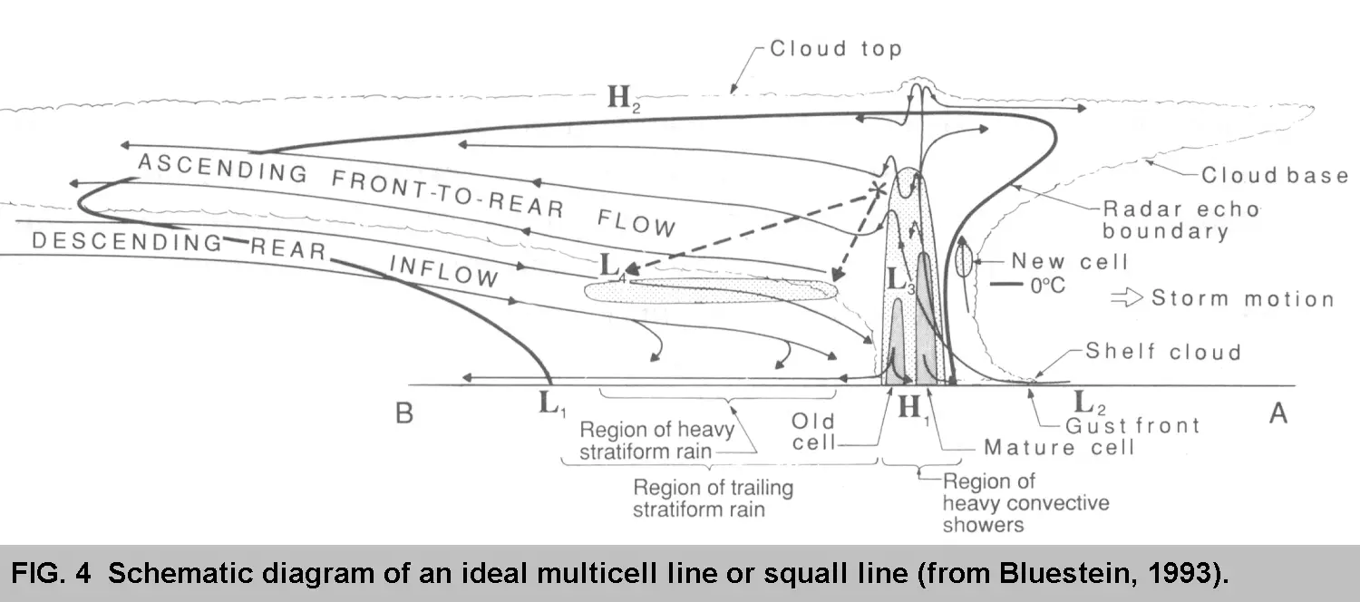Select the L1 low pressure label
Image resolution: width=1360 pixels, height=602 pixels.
click(x=552, y=404)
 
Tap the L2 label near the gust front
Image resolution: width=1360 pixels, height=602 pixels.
click(x=1090, y=403)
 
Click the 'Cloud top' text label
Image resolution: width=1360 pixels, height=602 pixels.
click(x=835, y=49)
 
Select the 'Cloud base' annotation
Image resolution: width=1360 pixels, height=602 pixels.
click(x=1275, y=175)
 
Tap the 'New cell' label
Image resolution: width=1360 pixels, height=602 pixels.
click(x=1069, y=261)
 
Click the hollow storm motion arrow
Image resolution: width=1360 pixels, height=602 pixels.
click(x=1127, y=298)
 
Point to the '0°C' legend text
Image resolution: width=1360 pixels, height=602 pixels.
click(x=1048, y=286)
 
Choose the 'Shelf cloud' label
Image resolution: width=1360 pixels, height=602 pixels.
click(x=1163, y=352)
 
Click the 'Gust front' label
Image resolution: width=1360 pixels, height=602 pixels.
click(x=1133, y=425)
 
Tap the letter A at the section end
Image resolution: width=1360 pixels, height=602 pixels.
click(x=1278, y=413)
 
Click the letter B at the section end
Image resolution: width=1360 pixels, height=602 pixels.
click(x=404, y=413)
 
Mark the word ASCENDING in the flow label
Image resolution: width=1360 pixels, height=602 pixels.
click(x=223, y=168)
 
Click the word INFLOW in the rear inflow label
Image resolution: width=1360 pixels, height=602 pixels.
click(x=444, y=271)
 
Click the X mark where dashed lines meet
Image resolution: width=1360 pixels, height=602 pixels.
click(x=877, y=189)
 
